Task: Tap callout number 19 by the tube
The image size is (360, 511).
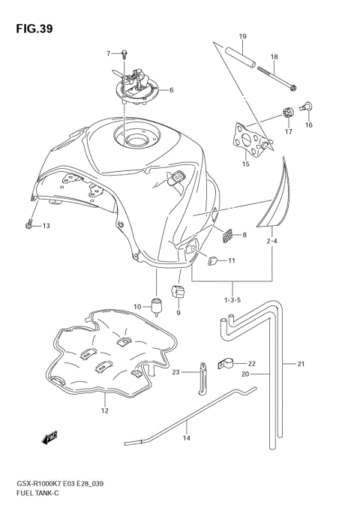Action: click(x=243, y=37)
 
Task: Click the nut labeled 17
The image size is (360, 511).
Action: click(x=286, y=114)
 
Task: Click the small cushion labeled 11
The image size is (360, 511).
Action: click(x=211, y=260)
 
